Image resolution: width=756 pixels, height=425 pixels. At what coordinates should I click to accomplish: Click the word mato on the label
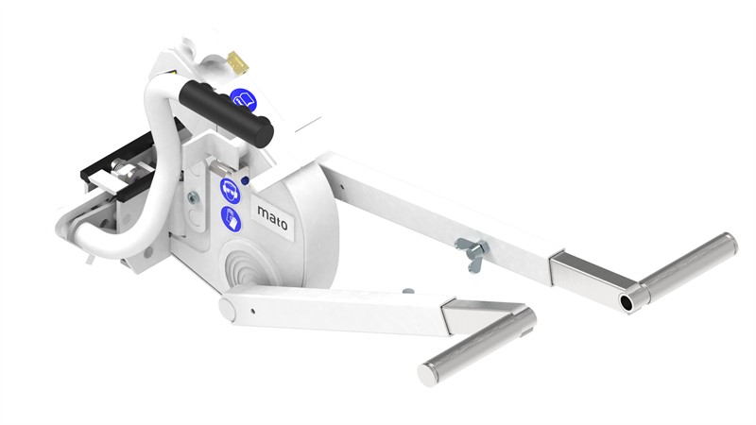click(272, 218)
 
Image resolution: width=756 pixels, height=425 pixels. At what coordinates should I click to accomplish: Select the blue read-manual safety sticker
click(244, 100)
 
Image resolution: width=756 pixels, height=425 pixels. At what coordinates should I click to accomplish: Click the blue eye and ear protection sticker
click(230, 191)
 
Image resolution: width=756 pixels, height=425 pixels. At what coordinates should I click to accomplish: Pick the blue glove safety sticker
click(231, 219)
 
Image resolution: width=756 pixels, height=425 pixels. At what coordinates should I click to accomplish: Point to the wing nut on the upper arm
click(471, 251)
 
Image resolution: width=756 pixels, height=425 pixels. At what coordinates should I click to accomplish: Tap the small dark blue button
click(245, 181)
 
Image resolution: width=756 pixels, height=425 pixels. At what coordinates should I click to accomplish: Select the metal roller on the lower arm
click(477, 348)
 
